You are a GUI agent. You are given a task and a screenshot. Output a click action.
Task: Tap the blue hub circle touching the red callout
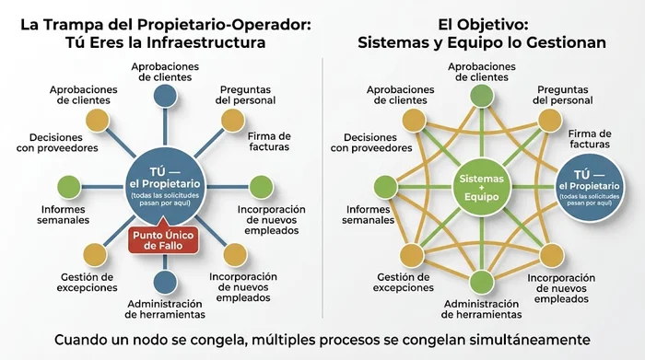pos(166,181)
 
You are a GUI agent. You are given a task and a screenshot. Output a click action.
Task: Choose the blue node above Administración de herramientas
pos(166,281)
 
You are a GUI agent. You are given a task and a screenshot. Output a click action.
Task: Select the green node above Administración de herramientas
pos(481,281)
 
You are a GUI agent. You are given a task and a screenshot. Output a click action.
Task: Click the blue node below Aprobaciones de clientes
pos(166,95)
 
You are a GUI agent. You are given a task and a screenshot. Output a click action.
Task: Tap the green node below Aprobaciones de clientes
pos(481,95)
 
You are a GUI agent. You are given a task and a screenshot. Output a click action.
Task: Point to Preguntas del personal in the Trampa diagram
pos(249,95)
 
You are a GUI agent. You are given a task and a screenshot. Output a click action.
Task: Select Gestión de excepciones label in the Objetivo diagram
pos(403,282)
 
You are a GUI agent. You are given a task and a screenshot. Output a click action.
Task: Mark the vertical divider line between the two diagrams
pos(322,184)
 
